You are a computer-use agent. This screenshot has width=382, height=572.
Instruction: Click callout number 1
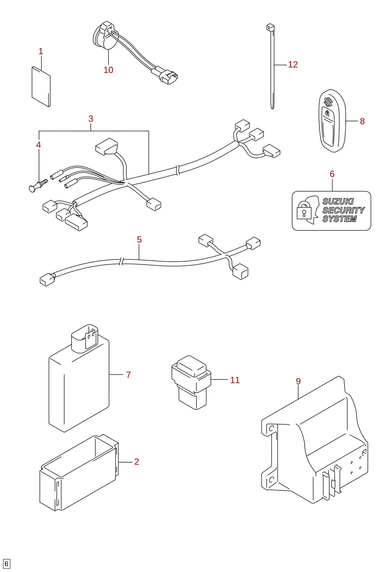pyautogui.click(x=40, y=51)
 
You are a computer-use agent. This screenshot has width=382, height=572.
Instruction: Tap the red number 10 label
pyautogui.click(x=108, y=70)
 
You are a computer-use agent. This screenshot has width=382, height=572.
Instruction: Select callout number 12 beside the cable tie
pyautogui.click(x=293, y=64)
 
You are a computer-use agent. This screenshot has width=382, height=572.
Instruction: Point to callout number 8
pyautogui.click(x=362, y=121)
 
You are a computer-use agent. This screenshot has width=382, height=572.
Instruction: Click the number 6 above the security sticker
pyautogui.click(x=332, y=174)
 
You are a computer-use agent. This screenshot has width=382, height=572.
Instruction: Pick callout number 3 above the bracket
pyautogui.click(x=91, y=119)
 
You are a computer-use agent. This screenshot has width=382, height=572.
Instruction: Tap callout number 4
pyautogui.click(x=38, y=145)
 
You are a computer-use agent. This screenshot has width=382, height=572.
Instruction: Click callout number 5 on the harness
pyautogui.click(x=139, y=239)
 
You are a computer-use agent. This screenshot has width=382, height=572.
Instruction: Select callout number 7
pyautogui.click(x=128, y=374)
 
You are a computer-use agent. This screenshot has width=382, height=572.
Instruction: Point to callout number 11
pyautogui.click(x=235, y=380)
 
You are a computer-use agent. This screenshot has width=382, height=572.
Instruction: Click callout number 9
pyautogui.click(x=298, y=381)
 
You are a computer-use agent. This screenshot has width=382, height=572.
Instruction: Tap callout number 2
pyautogui.click(x=137, y=462)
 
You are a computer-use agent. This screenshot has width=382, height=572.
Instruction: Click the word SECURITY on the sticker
pyautogui.click(x=343, y=210)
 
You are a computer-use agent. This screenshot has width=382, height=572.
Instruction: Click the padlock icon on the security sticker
pyautogui.click(x=304, y=210)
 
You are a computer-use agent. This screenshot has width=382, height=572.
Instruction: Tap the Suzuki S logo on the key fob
pyautogui.click(x=328, y=102)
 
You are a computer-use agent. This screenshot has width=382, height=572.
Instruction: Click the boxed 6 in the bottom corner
pyautogui.click(x=6, y=564)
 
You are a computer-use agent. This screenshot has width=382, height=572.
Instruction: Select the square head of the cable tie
pyautogui.click(x=270, y=27)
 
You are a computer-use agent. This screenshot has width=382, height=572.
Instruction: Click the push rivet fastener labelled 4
pyautogui.click(x=38, y=185)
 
